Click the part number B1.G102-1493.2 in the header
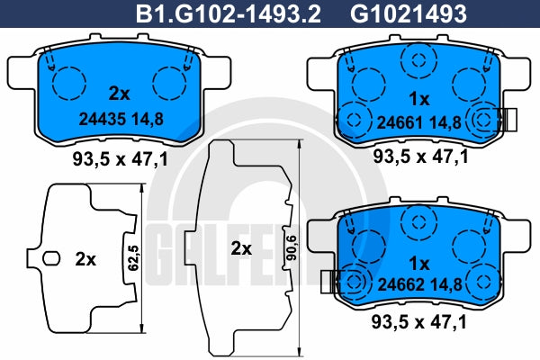pyautogui.click(x=229, y=13)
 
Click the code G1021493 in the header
pyautogui.click(x=409, y=13)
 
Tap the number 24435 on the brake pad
pyautogui.click(x=103, y=119)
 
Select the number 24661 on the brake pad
pyautogui.click(x=400, y=122)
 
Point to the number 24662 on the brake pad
pyautogui.click(x=400, y=284)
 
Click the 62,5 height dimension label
pyautogui.click(x=133, y=257)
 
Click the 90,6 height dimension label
pyautogui.click(x=292, y=247)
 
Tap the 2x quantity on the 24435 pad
pyautogui.click(x=119, y=94)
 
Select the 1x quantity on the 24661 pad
pyautogui.click(x=419, y=100)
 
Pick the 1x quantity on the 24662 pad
pyautogui.click(x=419, y=264)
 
